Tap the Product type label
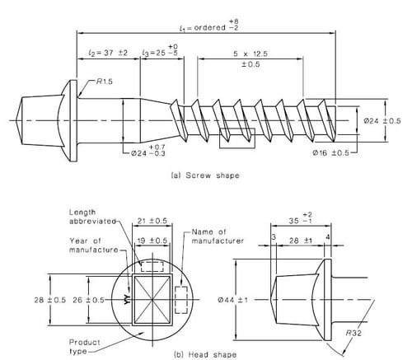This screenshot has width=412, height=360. point(82,339)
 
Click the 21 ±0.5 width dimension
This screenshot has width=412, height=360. point(152,223)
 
